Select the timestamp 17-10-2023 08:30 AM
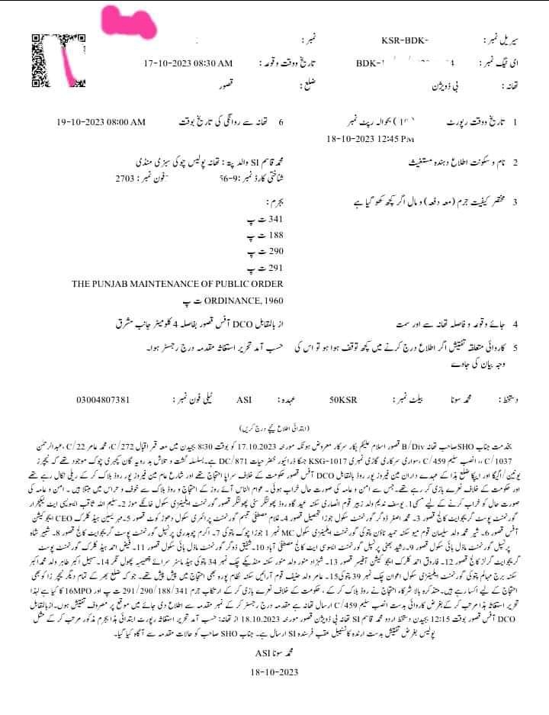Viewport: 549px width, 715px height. (188, 63)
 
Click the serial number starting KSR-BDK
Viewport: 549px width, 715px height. (404, 40)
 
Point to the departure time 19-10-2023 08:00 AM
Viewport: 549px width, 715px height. (101, 122)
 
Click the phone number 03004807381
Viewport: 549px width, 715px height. (104, 399)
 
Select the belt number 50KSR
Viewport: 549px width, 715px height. (342, 399)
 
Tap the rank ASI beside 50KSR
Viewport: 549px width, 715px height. (244, 399)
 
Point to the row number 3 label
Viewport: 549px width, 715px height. (515, 202)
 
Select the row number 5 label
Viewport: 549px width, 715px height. (515, 347)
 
